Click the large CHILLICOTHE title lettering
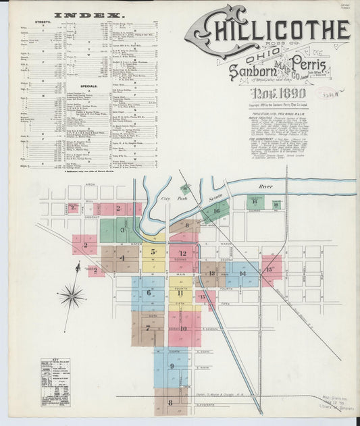[270, 30]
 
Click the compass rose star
[71, 296]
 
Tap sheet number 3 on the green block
[123, 230]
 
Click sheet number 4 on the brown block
[122, 258]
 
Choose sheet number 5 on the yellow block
[153, 252]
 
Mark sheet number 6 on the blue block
[149, 292]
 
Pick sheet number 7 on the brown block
[147, 328]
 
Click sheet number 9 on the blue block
[172, 367]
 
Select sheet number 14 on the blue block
[242, 273]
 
